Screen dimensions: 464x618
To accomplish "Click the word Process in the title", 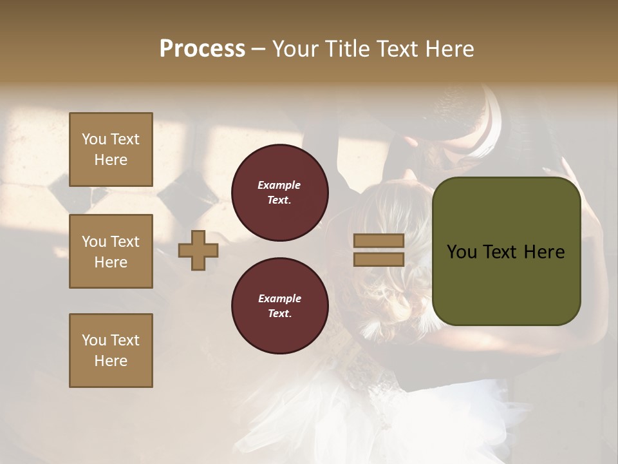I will pyautogui.click(x=202, y=49).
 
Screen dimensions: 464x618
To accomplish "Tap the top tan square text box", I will pyautogui.click(x=111, y=150).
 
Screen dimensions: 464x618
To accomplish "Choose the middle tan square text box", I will pyautogui.click(x=111, y=251).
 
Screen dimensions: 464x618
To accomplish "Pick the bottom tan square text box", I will pyautogui.click(x=111, y=351).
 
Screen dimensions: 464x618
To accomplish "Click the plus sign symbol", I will pyautogui.click(x=198, y=251).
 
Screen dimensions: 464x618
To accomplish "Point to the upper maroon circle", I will pyautogui.click(x=279, y=193).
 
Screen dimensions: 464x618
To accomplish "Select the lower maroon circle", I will pyautogui.click(x=279, y=306).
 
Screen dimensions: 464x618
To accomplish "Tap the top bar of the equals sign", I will pyautogui.click(x=379, y=241).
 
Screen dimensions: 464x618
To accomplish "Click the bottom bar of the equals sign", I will pyautogui.click(x=379, y=259).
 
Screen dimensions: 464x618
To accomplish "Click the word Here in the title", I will pyautogui.click(x=449, y=49).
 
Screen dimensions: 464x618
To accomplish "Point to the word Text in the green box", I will pyautogui.click(x=499, y=252).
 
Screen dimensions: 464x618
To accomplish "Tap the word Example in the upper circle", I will pyautogui.click(x=279, y=185).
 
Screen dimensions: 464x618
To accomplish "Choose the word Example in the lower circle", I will pyautogui.click(x=279, y=298).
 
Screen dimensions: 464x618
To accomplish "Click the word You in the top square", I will pyautogui.click(x=94, y=139).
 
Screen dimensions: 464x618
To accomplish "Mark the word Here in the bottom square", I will pyautogui.click(x=111, y=361).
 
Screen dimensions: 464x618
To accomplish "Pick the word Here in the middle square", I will pyautogui.click(x=111, y=262).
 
